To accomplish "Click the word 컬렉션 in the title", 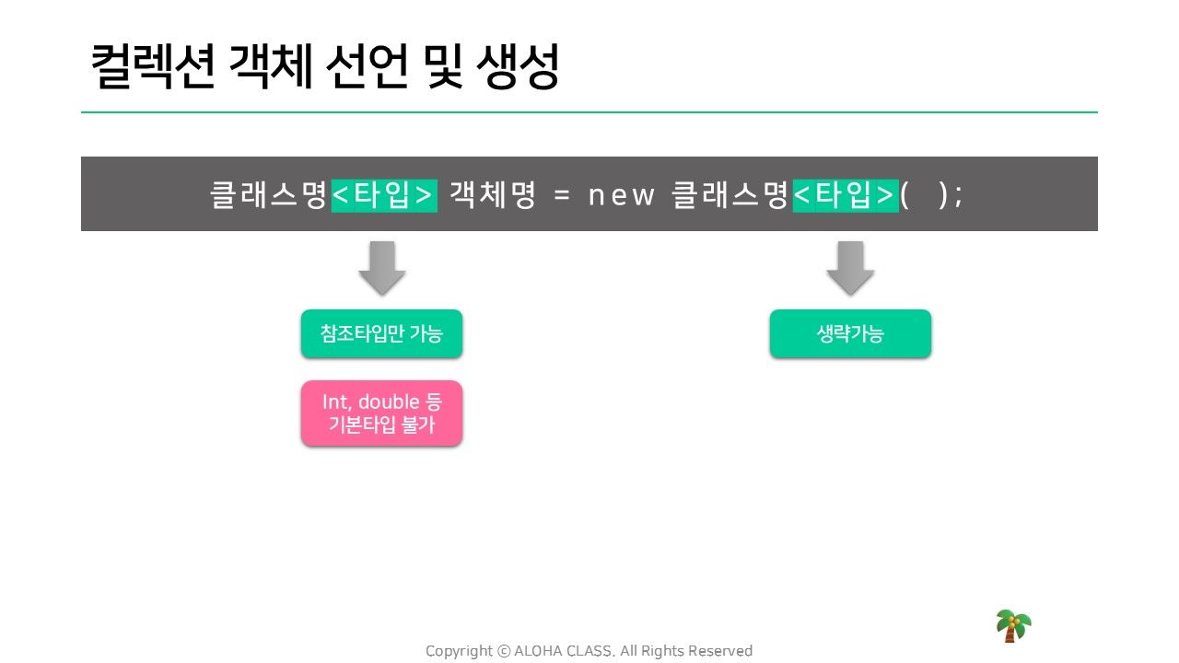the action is pyautogui.click(x=153, y=66).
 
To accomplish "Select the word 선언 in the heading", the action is pyautogui.click(x=367, y=66).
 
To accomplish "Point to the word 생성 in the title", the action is pyautogui.click(x=517, y=66).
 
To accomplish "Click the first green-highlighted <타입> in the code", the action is pyautogui.click(x=384, y=195).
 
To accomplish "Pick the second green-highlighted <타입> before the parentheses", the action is pyautogui.click(x=846, y=195).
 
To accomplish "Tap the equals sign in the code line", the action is pyautogui.click(x=562, y=196).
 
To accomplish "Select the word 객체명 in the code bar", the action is pyautogui.click(x=492, y=194).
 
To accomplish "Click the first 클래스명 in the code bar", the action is pyautogui.click(x=269, y=194).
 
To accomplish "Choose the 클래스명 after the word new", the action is pyautogui.click(x=730, y=194).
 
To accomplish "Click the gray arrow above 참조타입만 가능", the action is pyautogui.click(x=382, y=268).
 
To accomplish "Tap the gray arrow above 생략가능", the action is pyautogui.click(x=850, y=268).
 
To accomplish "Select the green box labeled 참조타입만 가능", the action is pyautogui.click(x=381, y=333).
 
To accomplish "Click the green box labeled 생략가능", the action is pyautogui.click(x=850, y=333).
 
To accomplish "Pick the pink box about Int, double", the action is pyautogui.click(x=381, y=413).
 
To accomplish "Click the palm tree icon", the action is pyautogui.click(x=1013, y=625).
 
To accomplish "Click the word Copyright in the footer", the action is pyautogui.click(x=459, y=651).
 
